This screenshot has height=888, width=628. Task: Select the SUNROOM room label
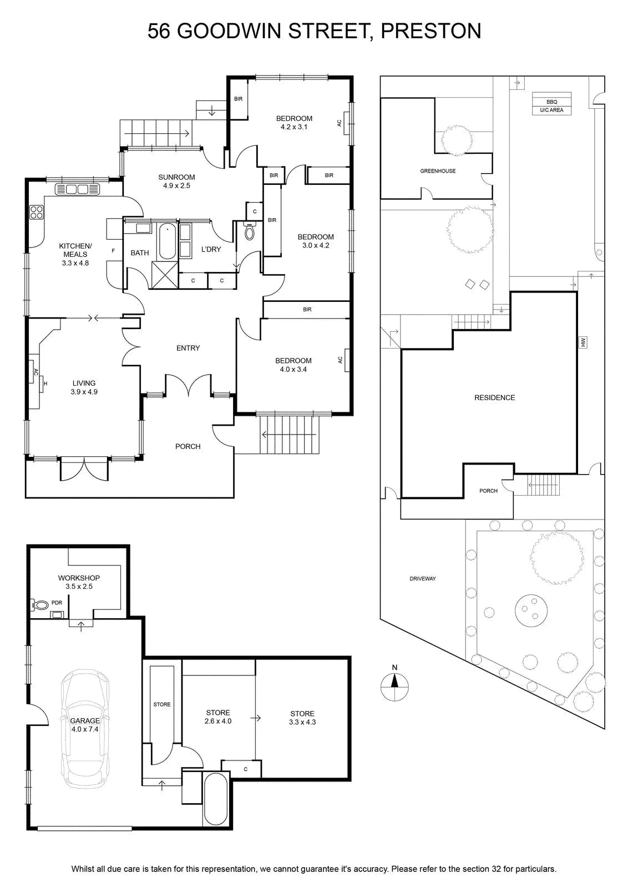click(x=177, y=177)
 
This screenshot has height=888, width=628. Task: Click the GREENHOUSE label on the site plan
click(x=438, y=171)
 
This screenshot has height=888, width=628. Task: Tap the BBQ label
click(x=551, y=102)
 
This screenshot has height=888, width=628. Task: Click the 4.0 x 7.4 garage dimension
click(x=85, y=729)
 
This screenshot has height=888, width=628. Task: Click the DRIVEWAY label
click(x=423, y=579)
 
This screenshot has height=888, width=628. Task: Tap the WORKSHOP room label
click(x=79, y=578)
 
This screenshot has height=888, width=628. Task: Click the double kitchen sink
click(x=77, y=189)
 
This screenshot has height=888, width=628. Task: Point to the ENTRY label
click(x=188, y=348)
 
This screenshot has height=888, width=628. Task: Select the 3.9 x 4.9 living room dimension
click(x=84, y=392)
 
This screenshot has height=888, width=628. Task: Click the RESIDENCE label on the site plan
click(x=495, y=397)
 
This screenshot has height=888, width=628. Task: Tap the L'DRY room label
click(x=211, y=249)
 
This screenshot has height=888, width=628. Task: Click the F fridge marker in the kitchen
click(x=113, y=251)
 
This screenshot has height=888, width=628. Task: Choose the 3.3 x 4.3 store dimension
click(x=302, y=722)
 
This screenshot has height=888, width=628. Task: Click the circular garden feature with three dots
click(x=531, y=611)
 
